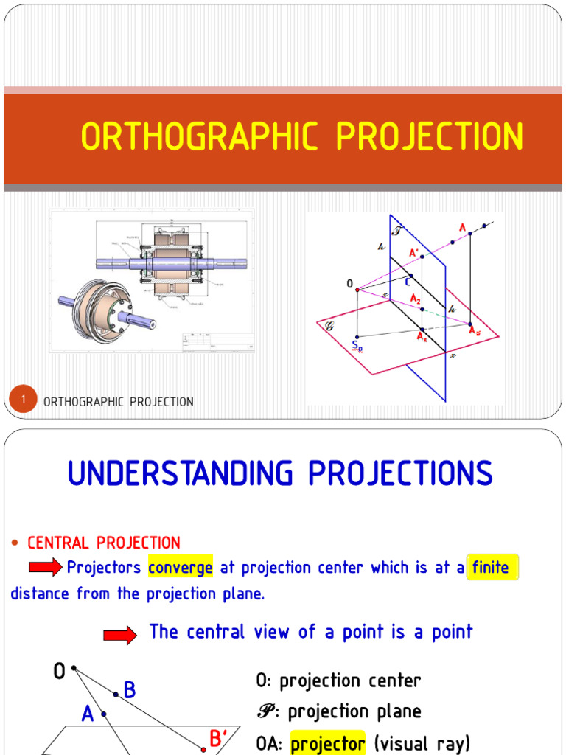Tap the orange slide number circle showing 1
[24, 400]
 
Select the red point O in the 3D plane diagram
[357, 289]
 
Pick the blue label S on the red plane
[356, 344]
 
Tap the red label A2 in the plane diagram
[417, 299]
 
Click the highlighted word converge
[181, 568]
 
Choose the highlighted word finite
[491, 568]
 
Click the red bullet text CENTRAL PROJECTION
[103, 543]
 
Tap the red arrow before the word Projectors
[46, 568]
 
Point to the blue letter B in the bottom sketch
[130, 690]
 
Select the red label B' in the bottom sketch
[217, 738]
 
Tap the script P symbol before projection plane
[267, 712]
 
